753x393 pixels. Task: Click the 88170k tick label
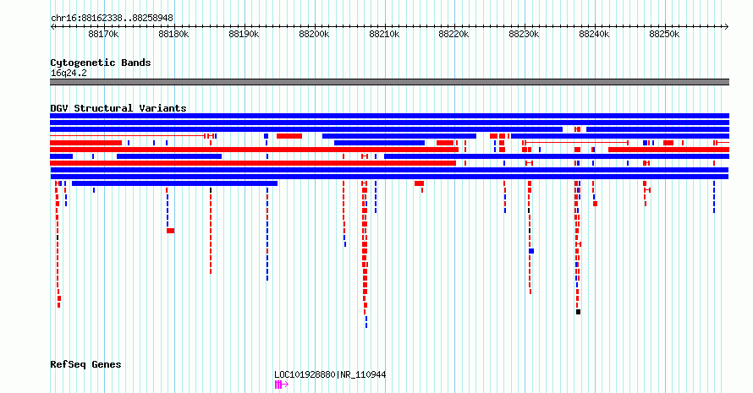pyautogui.click(x=104, y=34)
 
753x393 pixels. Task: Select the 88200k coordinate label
pyautogui.click(x=314, y=34)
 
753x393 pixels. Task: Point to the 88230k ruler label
pyautogui.click(x=524, y=34)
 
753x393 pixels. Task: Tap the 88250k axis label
pyautogui.click(x=664, y=34)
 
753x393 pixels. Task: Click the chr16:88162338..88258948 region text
pyautogui.click(x=112, y=19)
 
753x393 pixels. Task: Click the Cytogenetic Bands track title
pyautogui.click(x=101, y=63)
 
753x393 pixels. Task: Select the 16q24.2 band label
pyautogui.click(x=69, y=73)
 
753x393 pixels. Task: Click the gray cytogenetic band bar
pyautogui.click(x=389, y=82)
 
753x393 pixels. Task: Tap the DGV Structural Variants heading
pyautogui.click(x=118, y=108)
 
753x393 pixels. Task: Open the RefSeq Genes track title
pyautogui.click(x=85, y=364)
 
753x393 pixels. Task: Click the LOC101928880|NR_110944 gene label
pyautogui.click(x=330, y=374)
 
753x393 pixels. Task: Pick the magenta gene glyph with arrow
pyautogui.click(x=282, y=385)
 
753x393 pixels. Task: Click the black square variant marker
pyautogui.click(x=578, y=312)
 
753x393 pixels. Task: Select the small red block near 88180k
pyautogui.click(x=170, y=231)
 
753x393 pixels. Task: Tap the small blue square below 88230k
pyautogui.click(x=531, y=251)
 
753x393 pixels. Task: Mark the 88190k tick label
pyautogui.click(x=244, y=34)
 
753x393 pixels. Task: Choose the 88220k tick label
pyautogui.click(x=453, y=34)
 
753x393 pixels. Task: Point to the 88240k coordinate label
pyautogui.click(x=594, y=34)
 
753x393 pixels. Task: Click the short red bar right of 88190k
pyautogui.click(x=289, y=136)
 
